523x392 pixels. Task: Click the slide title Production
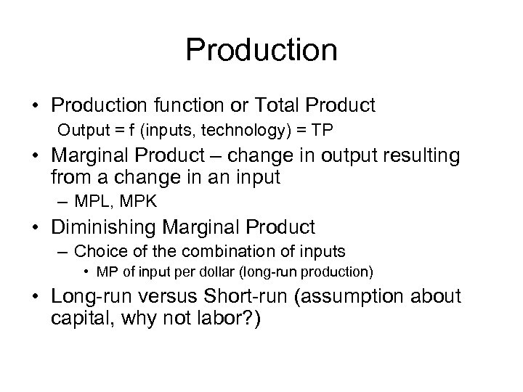(261, 50)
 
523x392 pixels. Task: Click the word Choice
(94, 252)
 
